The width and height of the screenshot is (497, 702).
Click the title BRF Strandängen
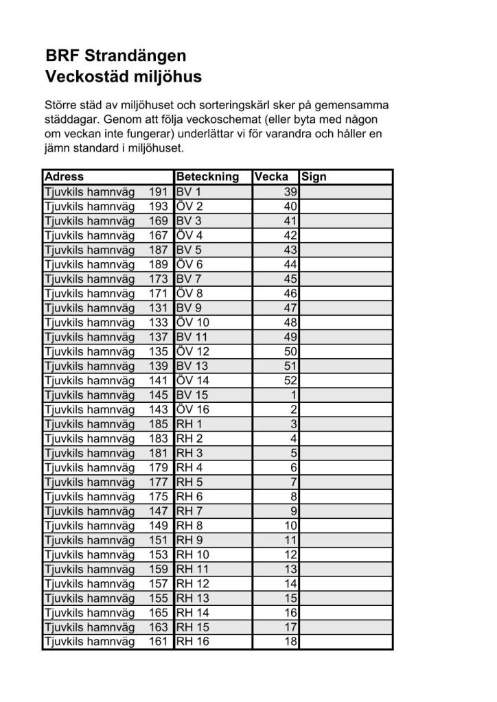(116, 56)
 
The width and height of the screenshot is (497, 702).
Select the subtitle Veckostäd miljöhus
(124, 77)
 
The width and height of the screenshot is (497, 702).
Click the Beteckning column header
(207, 177)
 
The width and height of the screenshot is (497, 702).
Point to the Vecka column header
(271, 177)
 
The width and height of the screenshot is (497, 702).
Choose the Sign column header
(314, 177)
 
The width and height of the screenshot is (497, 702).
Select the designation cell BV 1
(189, 191)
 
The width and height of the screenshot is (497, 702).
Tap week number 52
(290, 380)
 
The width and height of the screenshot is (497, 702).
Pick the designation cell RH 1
(189, 424)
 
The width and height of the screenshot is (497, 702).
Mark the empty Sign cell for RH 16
(346, 642)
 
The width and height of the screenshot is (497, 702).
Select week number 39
(290, 191)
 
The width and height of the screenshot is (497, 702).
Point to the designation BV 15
(192, 395)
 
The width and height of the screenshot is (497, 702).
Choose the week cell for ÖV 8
(290, 293)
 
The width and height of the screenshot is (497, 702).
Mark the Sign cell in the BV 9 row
(346, 308)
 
